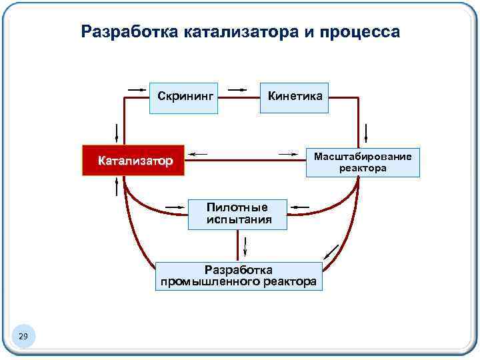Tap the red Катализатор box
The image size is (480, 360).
point(132,160)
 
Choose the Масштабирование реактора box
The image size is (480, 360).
point(363,162)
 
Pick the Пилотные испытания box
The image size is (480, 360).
point(237,214)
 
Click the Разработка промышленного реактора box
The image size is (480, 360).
point(238,276)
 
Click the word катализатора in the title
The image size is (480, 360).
point(241,31)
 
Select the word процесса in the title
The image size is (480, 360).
point(363,31)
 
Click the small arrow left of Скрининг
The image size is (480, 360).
point(137,88)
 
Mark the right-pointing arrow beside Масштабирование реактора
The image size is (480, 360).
point(288,155)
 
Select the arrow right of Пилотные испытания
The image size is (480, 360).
point(301,207)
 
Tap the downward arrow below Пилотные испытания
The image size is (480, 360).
point(245,247)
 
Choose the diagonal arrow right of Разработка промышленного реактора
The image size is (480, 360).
point(330,253)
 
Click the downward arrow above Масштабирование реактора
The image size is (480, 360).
point(366,133)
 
